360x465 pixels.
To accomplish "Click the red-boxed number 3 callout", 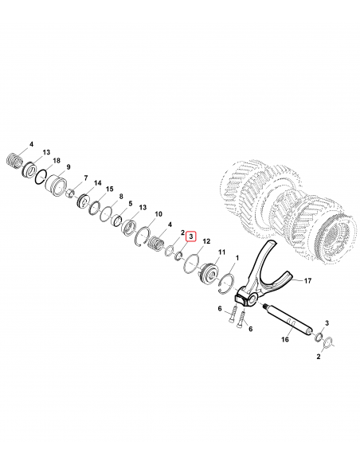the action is (x=190, y=236).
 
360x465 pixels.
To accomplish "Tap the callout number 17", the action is (x=307, y=280).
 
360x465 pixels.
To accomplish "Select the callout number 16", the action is (x=284, y=339).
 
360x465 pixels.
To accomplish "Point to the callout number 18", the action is (x=57, y=160).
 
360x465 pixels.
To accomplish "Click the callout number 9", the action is (x=68, y=167).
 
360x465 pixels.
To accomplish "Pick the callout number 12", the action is (x=206, y=241).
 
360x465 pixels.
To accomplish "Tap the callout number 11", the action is (x=221, y=252).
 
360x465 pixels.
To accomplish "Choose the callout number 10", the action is (x=158, y=214).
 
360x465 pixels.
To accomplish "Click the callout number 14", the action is (x=97, y=183).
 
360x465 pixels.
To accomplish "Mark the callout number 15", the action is (x=110, y=189).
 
